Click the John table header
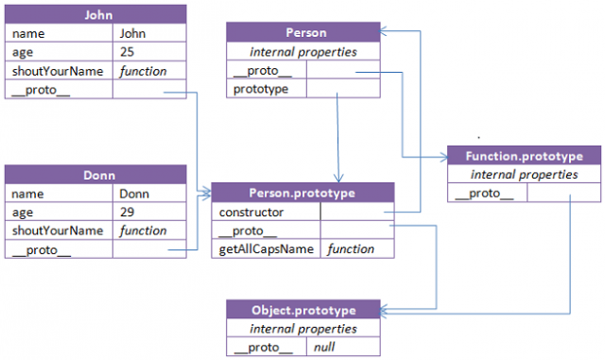pos(96,15)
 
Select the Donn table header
pos(96,175)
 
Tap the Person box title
pos(303,32)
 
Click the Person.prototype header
pos(302,194)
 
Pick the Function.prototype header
pos(523,156)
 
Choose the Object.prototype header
pos(302,310)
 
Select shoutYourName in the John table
pos(57,71)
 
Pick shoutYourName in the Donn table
pos(57,231)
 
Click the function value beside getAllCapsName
pos(351,249)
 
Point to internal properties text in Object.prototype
pos(302,329)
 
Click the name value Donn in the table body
pos(134,194)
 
